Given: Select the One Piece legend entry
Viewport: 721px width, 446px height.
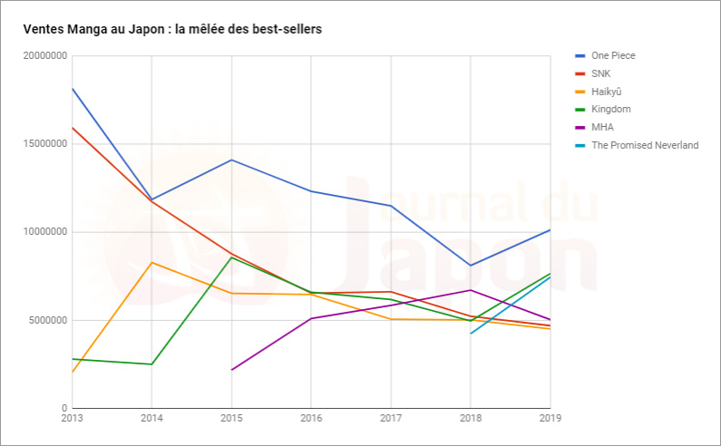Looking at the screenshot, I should (613, 55).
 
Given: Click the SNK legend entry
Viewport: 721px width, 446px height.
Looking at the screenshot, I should (601, 73).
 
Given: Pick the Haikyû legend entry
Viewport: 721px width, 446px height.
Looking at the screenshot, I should (607, 92).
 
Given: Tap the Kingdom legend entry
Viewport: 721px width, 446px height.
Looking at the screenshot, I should (610, 109).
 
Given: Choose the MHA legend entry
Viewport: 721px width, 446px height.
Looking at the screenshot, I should (602, 127).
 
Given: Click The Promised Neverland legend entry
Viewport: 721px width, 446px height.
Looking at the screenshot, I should (644, 145).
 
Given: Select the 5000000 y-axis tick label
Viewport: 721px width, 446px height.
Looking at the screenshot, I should (46, 320).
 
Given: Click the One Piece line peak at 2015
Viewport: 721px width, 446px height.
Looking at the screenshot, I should (231, 160).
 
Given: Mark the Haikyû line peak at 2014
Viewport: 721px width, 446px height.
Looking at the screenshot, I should (151, 262).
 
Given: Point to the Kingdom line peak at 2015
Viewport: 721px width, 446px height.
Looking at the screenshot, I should (231, 257).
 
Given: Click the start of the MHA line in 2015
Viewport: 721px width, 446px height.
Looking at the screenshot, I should (231, 370).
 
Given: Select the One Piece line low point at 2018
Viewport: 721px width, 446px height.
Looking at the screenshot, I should (471, 266).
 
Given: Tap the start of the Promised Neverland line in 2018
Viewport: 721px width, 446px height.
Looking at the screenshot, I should (471, 333).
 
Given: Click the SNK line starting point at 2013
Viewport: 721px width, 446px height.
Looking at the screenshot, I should (73, 128).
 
